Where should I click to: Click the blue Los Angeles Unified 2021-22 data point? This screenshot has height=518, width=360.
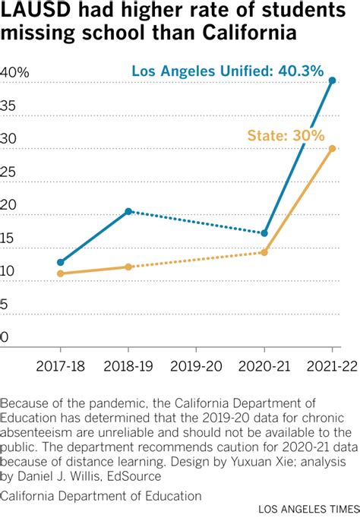[332, 80]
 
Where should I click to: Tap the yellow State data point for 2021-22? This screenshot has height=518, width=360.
[332, 148]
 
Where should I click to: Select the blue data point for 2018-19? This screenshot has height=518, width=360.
[128, 211]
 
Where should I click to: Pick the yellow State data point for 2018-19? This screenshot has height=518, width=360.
[128, 267]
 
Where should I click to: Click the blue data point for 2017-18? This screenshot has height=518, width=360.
[61, 262]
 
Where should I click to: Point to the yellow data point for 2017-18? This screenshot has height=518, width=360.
[61, 273]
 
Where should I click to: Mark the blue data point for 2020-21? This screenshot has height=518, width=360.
[264, 233]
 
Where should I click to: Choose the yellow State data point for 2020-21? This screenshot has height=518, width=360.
[264, 252]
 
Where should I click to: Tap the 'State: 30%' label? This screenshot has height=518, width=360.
[286, 136]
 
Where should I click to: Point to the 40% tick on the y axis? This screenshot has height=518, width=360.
[14, 73]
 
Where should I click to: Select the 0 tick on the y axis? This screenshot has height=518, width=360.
[5, 337]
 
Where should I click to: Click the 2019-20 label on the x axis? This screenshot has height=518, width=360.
[196, 366]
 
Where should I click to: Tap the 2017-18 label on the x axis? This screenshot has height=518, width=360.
[61, 366]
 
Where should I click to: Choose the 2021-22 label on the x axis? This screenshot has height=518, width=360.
[331, 366]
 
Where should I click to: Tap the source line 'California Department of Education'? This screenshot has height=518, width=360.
[102, 495]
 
